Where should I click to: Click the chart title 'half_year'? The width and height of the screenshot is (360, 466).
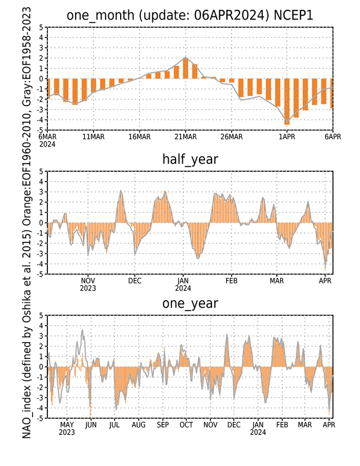[190, 160]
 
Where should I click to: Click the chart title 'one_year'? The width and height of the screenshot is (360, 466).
[190, 304]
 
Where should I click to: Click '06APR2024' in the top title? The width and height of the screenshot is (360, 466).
[229, 15]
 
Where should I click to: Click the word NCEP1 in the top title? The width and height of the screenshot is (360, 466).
[293, 15]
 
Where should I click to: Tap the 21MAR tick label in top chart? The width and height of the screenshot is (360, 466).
[185, 137]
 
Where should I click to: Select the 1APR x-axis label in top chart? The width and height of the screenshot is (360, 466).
[287, 137]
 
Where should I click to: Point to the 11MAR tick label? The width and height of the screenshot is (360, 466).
[94, 137]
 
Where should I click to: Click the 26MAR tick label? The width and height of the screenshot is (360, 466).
[232, 137]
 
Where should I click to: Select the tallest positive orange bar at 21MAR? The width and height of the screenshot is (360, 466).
[185, 68]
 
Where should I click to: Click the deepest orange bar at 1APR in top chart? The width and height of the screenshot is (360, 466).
[287, 102]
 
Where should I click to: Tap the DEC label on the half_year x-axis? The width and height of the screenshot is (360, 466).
[135, 281]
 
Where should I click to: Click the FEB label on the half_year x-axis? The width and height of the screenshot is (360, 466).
[231, 281]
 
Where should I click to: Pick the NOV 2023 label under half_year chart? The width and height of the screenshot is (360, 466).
[88, 284]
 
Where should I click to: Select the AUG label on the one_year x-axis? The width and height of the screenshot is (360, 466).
[139, 425]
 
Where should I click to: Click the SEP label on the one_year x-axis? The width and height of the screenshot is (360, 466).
[163, 425]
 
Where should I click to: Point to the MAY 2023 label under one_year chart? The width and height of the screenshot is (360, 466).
[67, 428]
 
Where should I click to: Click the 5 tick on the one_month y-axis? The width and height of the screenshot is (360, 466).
[41, 28]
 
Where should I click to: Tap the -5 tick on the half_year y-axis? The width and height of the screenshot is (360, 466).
[40, 274]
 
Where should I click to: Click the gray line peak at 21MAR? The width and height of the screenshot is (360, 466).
[185, 57]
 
